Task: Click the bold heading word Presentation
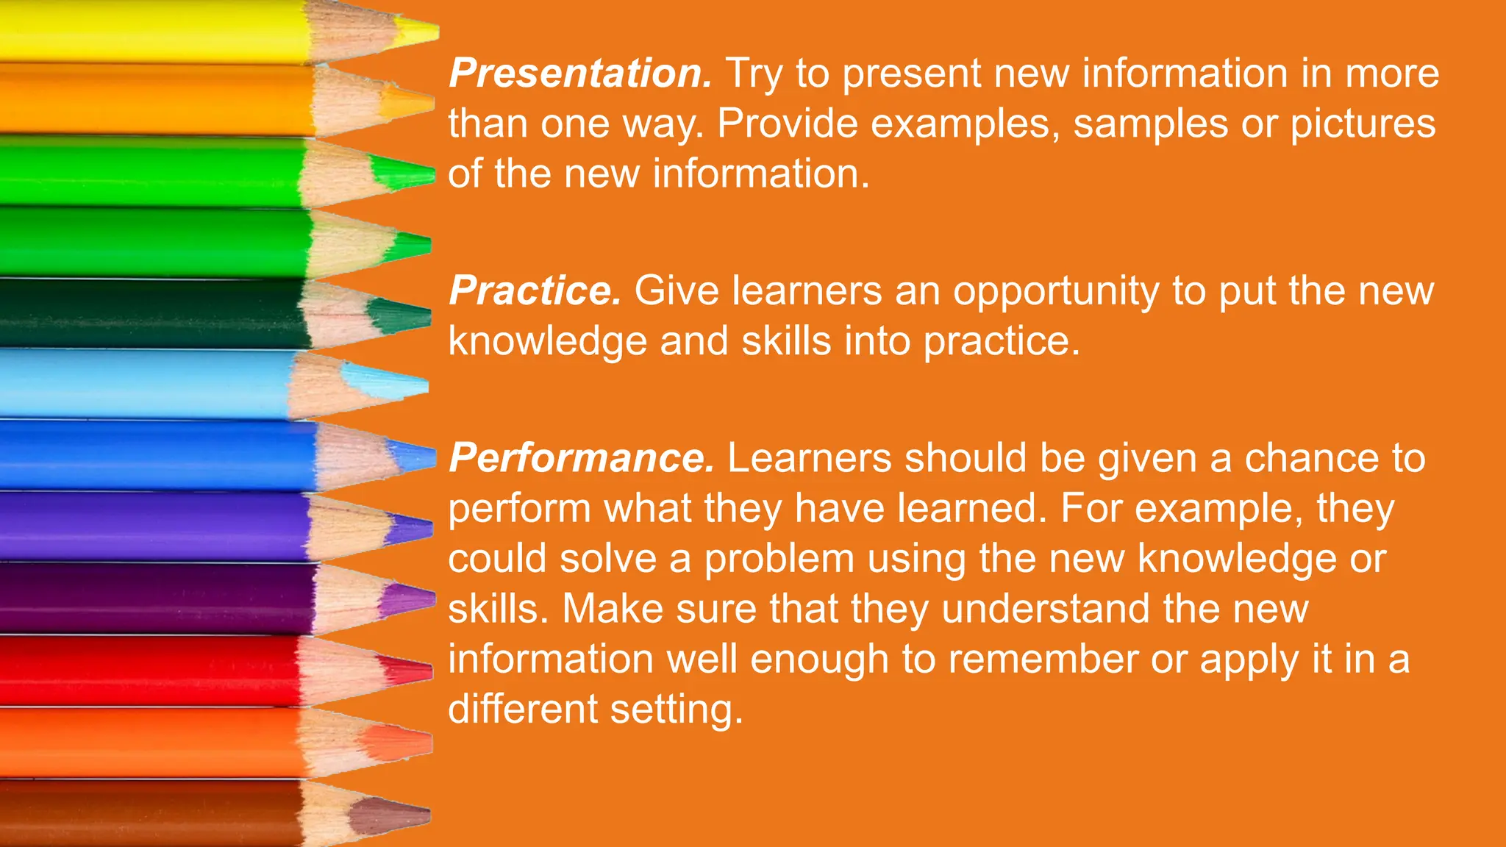pyautogui.click(x=579, y=74)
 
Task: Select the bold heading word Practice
pyautogui.click(x=535, y=291)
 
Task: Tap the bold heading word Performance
pyautogui.click(x=581, y=458)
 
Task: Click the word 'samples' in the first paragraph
pyautogui.click(x=1150, y=124)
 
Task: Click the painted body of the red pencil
pyautogui.click(x=147, y=671)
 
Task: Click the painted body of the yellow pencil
pyautogui.click(x=147, y=31)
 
